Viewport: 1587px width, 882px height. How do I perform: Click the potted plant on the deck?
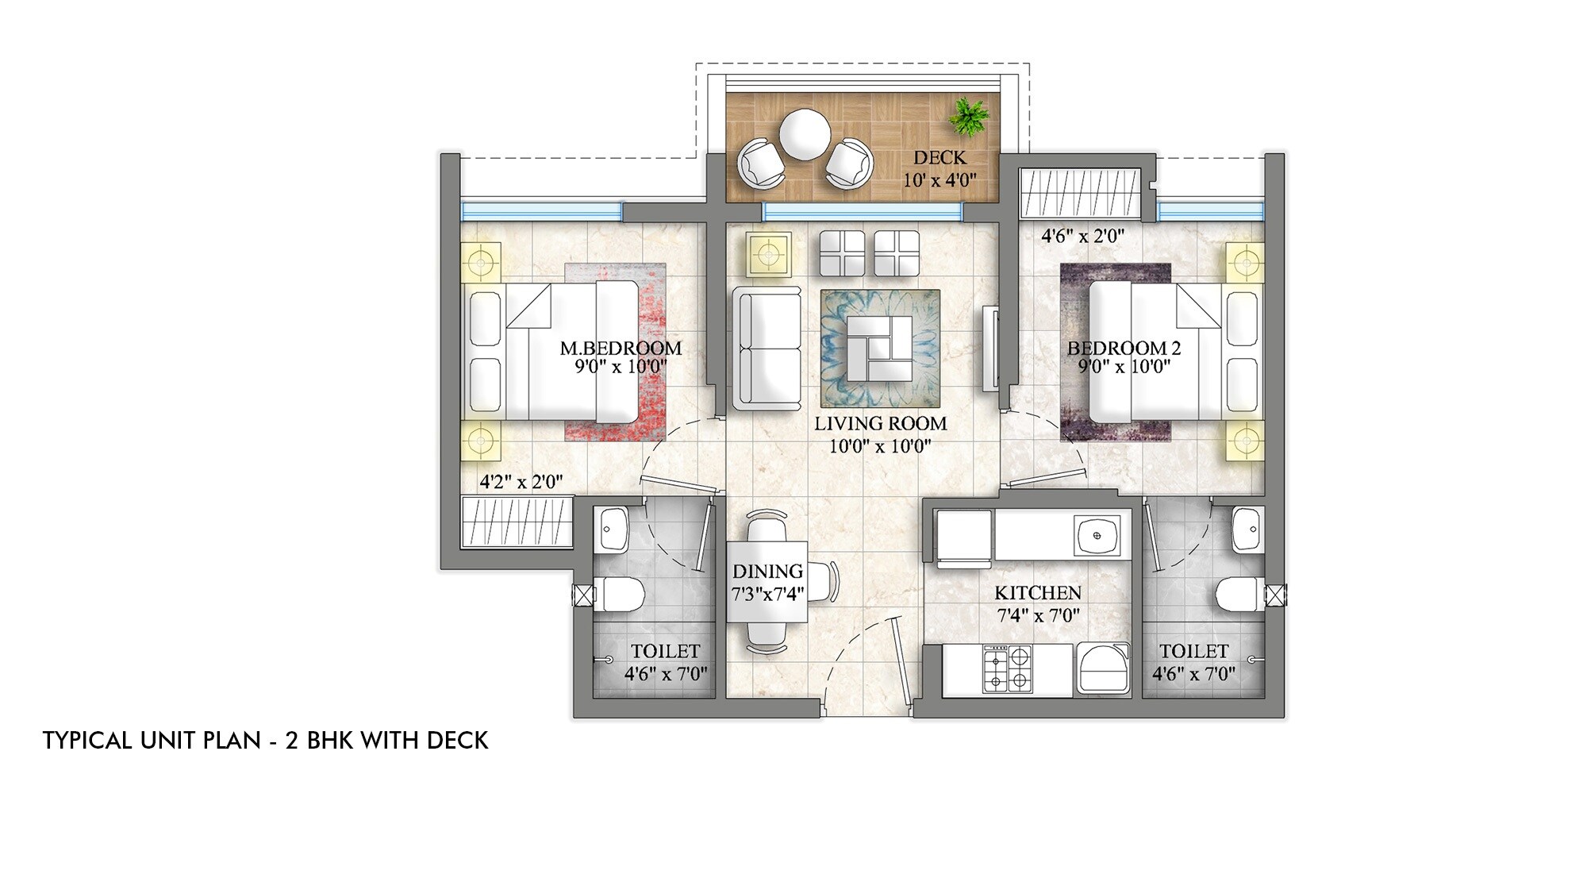tap(970, 117)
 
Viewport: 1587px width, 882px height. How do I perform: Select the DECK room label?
tap(940, 157)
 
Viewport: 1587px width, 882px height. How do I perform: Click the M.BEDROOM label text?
tap(621, 348)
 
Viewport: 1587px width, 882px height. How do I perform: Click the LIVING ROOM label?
tap(880, 423)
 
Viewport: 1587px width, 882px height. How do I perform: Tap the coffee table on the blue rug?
tap(880, 349)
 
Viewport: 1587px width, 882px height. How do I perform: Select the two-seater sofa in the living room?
tap(767, 349)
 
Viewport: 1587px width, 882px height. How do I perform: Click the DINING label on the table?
tap(767, 571)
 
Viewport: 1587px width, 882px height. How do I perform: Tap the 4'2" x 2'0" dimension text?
tap(521, 481)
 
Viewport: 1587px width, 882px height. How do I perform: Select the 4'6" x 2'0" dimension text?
tap(1082, 236)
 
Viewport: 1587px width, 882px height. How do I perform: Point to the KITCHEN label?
tap(1037, 593)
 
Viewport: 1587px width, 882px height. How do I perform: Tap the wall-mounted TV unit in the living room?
tap(990, 349)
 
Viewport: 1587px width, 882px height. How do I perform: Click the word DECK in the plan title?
tap(458, 741)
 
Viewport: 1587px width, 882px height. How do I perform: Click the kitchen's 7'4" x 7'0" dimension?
tap(1037, 615)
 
